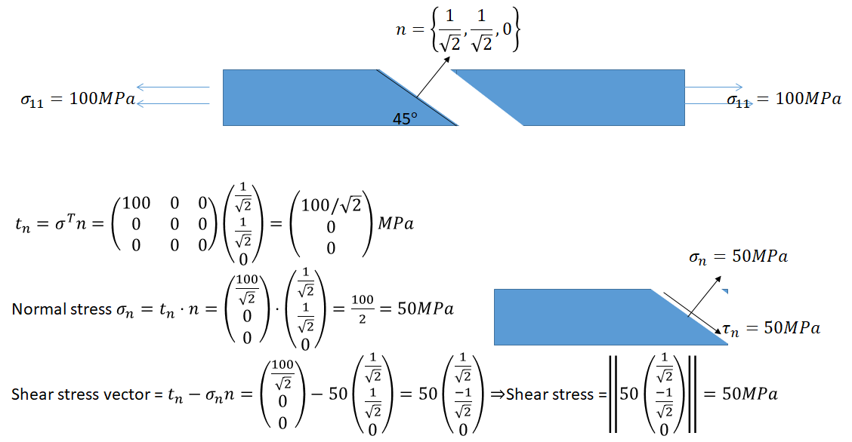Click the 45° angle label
coord(405,118)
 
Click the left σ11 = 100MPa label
coord(77,99)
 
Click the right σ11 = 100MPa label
coord(783,99)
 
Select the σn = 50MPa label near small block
coord(737,256)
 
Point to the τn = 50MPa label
coord(770,328)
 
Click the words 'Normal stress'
coord(60,309)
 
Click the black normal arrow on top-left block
coord(433,75)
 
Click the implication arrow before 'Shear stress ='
coord(498,394)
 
